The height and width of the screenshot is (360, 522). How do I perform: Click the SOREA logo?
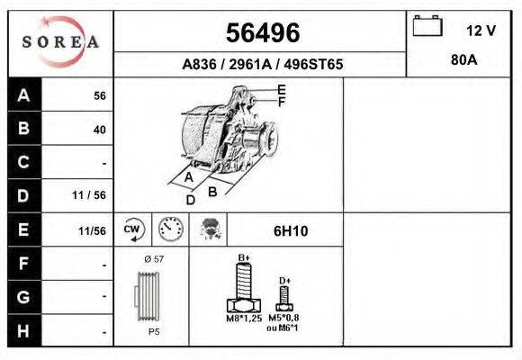[60, 42]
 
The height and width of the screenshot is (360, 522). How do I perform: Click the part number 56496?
[261, 33]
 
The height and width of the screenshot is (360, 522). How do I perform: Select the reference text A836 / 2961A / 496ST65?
[261, 65]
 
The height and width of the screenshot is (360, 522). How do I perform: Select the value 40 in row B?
[99, 130]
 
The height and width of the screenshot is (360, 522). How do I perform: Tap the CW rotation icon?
[133, 229]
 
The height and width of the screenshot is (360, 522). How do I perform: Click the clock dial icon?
[169, 229]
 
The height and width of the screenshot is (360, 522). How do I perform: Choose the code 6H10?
[290, 230]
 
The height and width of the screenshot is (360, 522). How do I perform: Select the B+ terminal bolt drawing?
[243, 292]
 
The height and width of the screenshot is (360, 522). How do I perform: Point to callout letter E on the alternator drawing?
[281, 90]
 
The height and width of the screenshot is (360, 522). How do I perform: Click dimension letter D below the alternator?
[190, 200]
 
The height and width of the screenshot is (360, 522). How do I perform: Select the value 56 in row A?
[99, 95]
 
